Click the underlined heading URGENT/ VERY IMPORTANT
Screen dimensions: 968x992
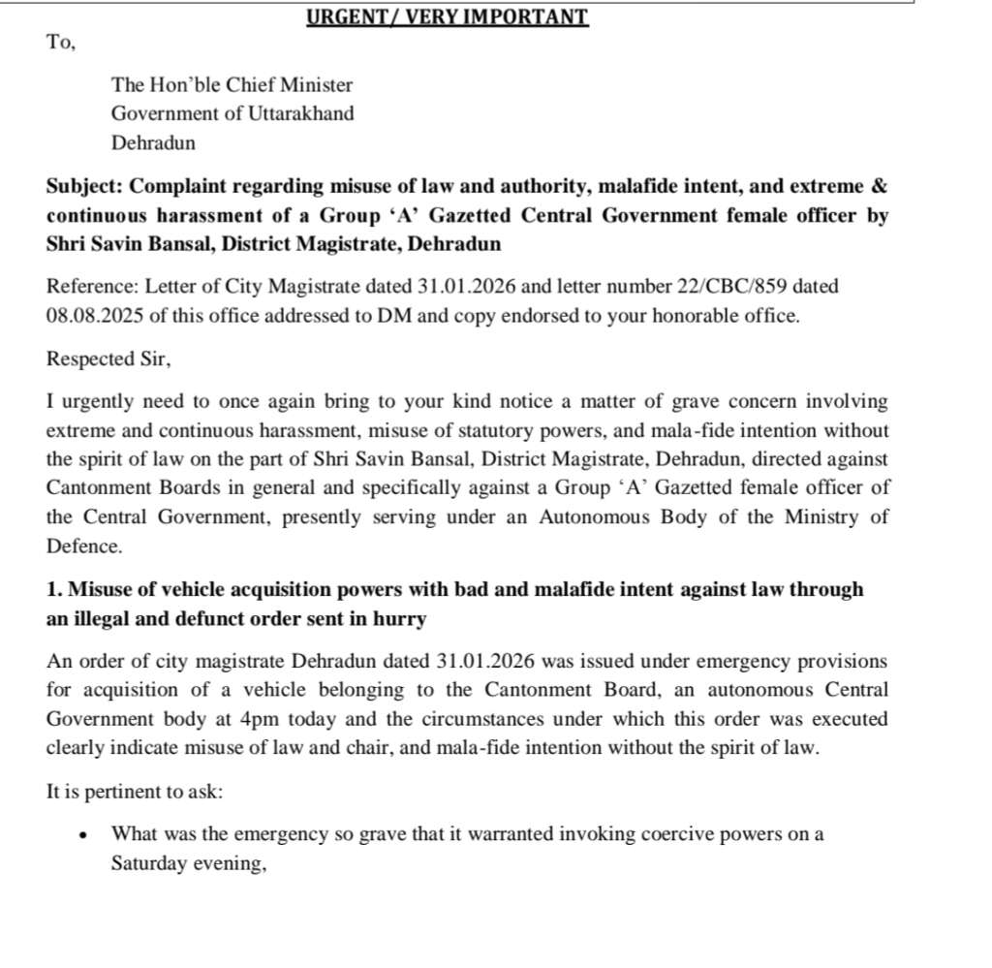click(x=447, y=16)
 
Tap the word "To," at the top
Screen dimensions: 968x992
click(x=60, y=43)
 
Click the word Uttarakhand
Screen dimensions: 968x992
click(x=305, y=113)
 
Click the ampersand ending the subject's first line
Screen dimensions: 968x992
click(x=880, y=186)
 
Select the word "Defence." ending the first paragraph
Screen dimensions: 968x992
click(x=84, y=546)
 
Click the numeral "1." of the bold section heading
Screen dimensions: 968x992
click(x=54, y=590)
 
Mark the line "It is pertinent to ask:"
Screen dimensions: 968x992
click(x=135, y=792)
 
